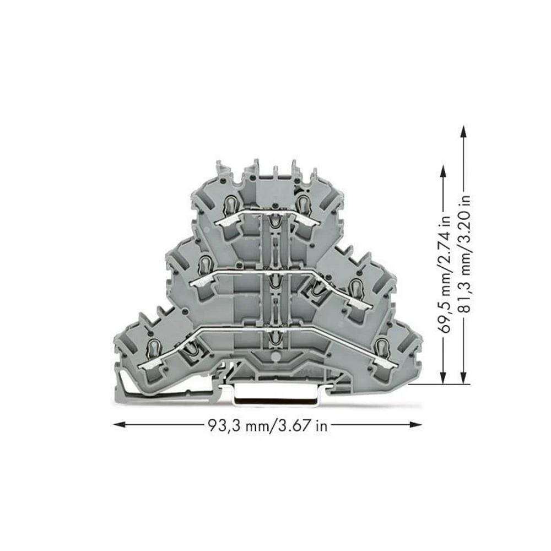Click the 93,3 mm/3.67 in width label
pyautogui.click(x=268, y=426)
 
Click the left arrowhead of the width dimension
pyautogui.click(x=119, y=425)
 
